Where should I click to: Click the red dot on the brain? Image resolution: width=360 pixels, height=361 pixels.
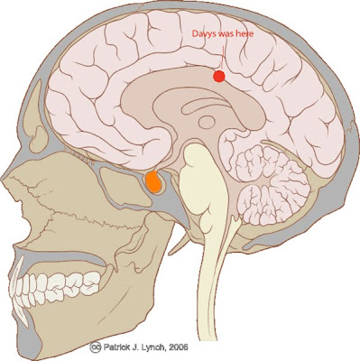click(219, 76)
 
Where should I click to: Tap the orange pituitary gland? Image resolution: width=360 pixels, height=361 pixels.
click(153, 181)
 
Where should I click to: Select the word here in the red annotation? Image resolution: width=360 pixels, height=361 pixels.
click(245, 33)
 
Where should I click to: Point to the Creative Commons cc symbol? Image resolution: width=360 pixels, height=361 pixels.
click(95, 347)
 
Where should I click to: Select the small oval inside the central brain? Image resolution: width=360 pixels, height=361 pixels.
click(207, 123)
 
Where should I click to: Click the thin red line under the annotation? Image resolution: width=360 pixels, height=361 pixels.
click(222, 57)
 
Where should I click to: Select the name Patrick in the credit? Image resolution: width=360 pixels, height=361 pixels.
click(115, 347)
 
